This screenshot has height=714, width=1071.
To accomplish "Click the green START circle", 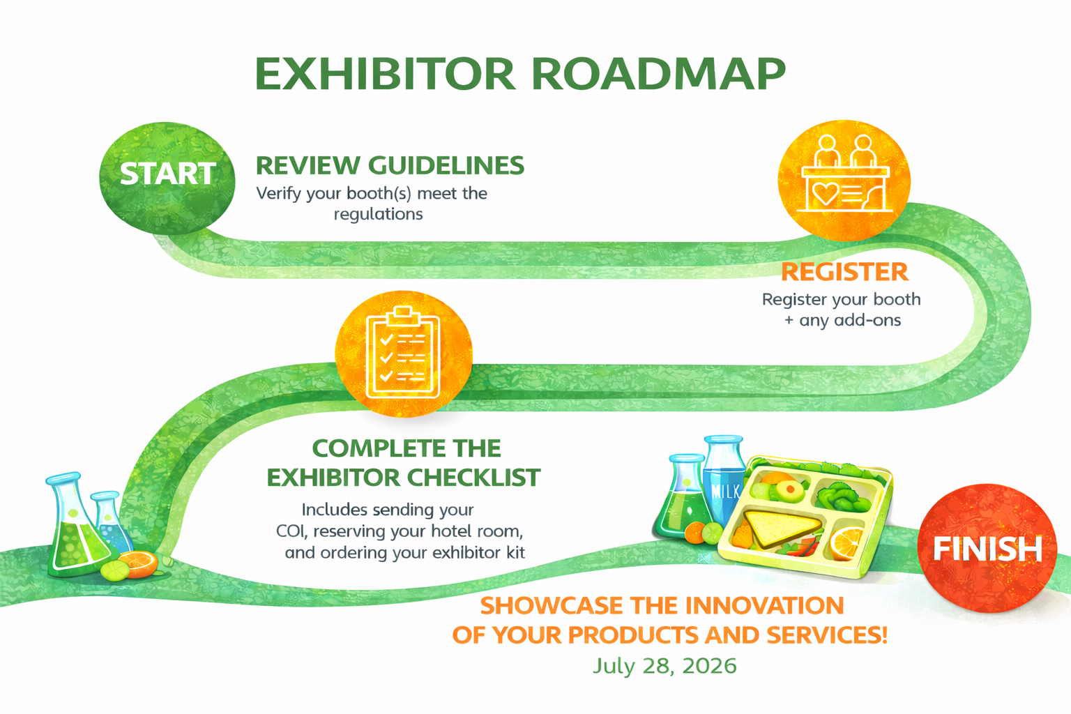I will (167, 176).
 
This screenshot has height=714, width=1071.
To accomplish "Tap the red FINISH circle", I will (987, 548).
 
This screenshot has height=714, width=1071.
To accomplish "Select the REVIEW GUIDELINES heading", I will (390, 166).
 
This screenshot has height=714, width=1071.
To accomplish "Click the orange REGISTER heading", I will (844, 272).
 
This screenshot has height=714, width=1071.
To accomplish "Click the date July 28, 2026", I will (664, 666).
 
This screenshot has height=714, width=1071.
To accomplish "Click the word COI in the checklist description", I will (291, 531).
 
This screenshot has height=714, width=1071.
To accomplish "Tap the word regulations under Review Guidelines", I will (378, 214).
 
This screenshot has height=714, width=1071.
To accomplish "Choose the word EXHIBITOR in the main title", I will (385, 73).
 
